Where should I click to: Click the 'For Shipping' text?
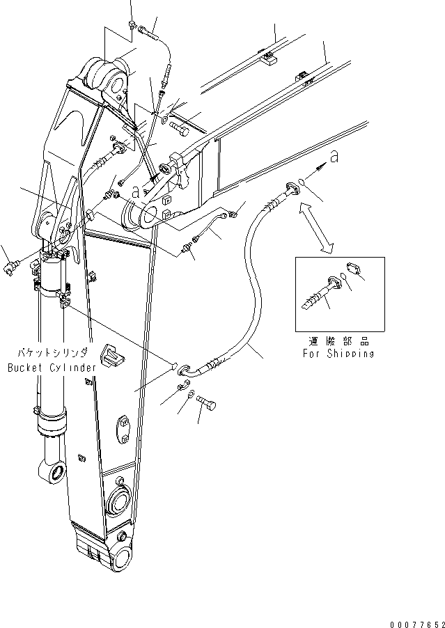click(x=338, y=353)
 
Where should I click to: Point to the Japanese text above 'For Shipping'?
click(x=338, y=341)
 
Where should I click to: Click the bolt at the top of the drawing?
click(x=150, y=30)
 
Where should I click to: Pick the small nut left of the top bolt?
click(x=132, y=26)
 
